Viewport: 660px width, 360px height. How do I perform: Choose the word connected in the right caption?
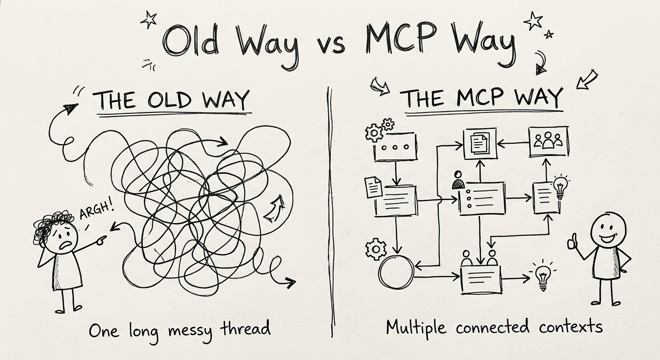coord(495,328)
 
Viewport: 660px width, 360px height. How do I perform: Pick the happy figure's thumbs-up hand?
coord(572,241)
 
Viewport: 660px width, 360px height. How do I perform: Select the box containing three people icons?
coord(548,142)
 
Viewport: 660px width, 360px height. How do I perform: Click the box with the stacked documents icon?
coord(480,143)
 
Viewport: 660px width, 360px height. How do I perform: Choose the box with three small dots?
coord(396,147)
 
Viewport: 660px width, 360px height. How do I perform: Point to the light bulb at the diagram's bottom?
coord(543,277)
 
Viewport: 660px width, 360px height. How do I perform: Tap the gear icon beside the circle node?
coord(375,249)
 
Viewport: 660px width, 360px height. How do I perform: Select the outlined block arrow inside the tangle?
coord(274,208)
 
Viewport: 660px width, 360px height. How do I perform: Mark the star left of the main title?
coord(149,19)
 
